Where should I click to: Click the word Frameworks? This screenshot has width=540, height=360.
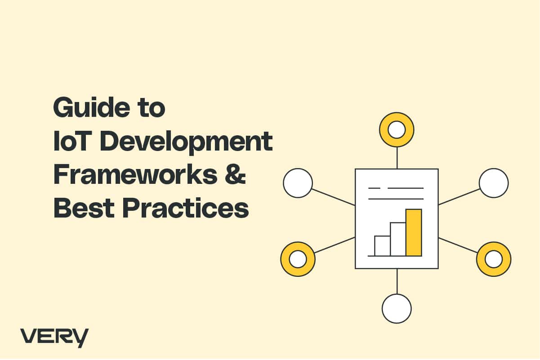point(135,174)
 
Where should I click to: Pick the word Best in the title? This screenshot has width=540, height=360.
point(84,208)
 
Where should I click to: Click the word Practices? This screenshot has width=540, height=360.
point(185,208)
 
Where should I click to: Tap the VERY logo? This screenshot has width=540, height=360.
point(54,338)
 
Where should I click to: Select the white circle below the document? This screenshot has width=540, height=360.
point(397,309)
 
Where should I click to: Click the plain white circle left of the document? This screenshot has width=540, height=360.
point(298,183)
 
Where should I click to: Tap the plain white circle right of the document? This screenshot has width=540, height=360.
point(494,183)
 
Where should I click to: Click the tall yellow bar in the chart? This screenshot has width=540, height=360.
point(414,232)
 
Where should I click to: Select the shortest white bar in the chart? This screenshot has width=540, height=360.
point(382,246)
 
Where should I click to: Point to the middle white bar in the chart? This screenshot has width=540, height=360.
point(398,239)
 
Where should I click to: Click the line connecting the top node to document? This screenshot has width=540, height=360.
point(397,158)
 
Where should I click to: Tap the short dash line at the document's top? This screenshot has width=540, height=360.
point(375,188)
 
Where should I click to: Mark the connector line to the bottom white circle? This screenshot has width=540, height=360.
point(397,281)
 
